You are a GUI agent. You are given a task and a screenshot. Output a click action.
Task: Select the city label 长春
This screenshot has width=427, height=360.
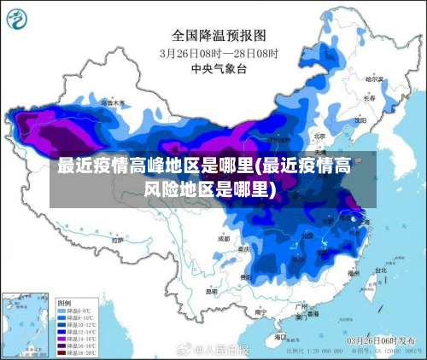(369, 98)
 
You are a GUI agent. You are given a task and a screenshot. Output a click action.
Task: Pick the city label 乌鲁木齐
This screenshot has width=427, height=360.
(112, 102)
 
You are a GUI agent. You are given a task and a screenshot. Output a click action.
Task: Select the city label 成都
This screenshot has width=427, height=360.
(224, 239)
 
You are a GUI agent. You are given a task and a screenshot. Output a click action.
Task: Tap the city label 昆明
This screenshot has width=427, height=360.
(211, 292)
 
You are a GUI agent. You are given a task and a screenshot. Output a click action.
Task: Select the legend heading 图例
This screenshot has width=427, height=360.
(64, 303)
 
